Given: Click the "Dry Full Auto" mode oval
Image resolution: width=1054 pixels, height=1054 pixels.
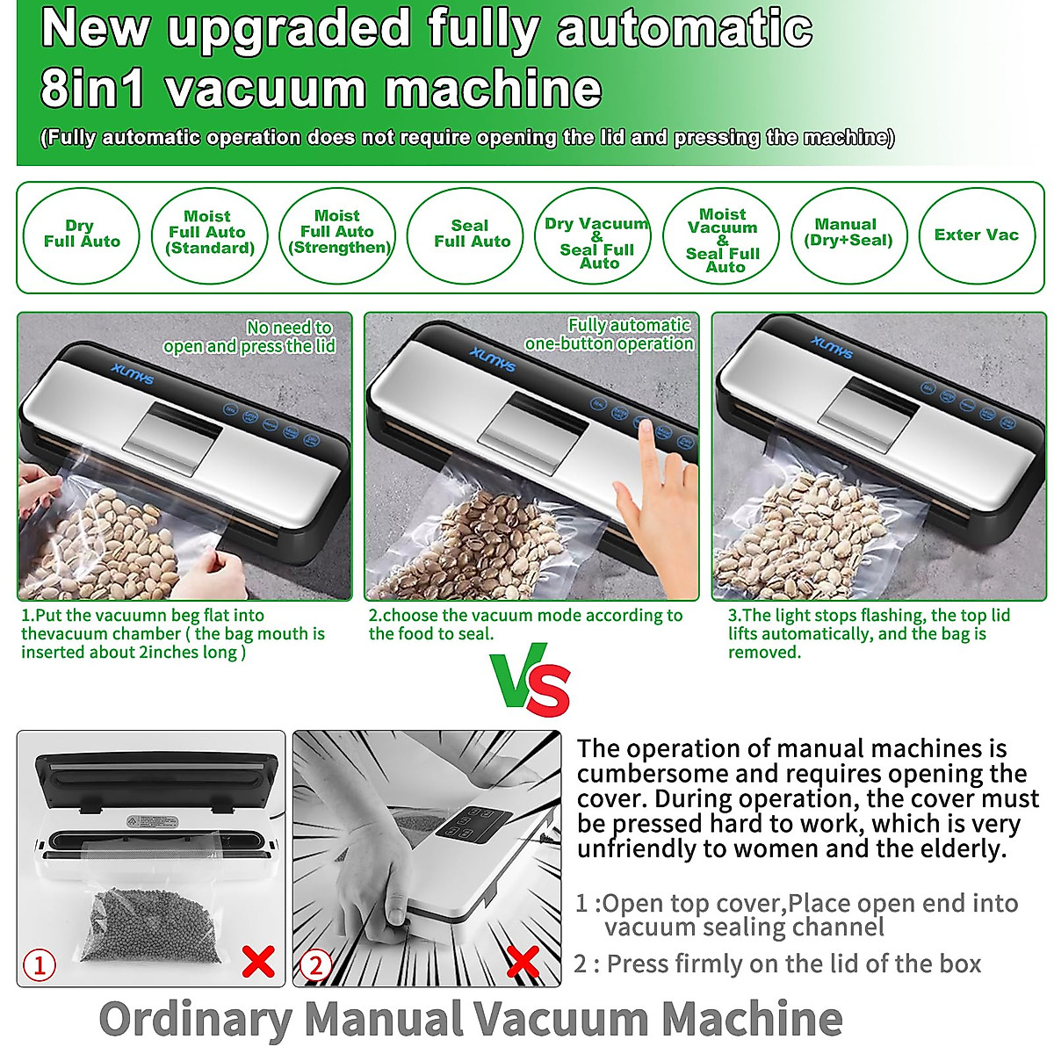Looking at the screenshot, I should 81,234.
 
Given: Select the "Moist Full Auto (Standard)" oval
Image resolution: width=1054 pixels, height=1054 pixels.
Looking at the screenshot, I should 209,234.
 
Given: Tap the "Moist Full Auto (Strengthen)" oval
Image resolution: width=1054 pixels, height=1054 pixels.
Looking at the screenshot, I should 338,234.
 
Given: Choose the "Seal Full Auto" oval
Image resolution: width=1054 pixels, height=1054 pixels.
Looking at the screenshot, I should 472,234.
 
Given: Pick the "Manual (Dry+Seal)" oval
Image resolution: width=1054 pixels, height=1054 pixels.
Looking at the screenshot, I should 848,234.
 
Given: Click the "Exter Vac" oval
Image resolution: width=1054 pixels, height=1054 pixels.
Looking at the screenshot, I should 976,235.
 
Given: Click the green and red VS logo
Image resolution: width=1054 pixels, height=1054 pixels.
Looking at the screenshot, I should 531,683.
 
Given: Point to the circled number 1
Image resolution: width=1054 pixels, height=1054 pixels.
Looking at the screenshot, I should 39,965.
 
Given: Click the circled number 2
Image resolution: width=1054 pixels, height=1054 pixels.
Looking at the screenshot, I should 315,965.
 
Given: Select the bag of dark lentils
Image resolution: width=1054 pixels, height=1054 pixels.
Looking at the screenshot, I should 149,922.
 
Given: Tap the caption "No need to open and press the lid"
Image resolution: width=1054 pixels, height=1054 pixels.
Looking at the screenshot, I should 249,336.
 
